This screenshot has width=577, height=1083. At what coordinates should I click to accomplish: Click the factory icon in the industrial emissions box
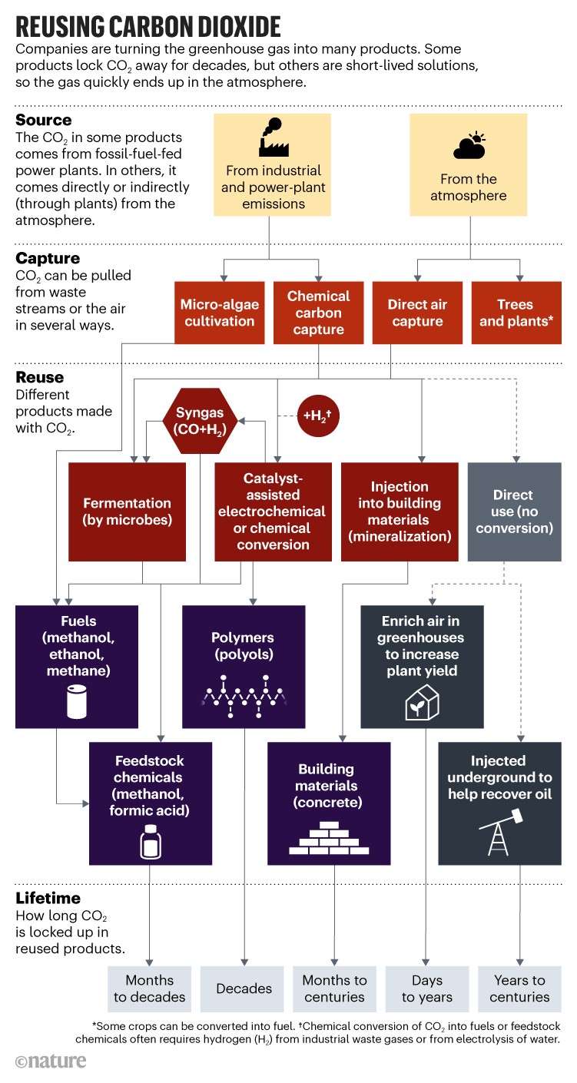[269, 141]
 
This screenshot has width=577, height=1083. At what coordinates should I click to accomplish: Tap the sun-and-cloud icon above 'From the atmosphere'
[468, 146]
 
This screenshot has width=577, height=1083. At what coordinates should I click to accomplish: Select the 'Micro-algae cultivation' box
[219, 313]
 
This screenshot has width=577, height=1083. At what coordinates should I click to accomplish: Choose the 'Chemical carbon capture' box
[318, 313]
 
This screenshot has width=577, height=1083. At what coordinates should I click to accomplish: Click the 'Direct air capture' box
[418, 313]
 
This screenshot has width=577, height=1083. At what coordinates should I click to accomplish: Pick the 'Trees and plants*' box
[516, 313]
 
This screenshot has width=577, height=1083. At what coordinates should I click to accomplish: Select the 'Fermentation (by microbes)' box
[127, 512]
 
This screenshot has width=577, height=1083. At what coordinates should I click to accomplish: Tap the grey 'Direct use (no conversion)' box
[513, 512]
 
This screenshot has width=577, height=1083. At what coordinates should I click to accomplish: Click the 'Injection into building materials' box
[400, 512]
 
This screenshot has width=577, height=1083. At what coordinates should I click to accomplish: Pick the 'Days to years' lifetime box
[426, 989]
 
